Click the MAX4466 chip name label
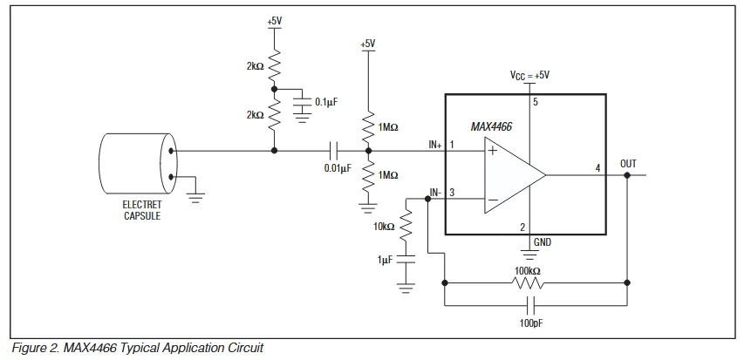491,126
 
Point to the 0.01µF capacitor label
337,167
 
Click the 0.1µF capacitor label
325,102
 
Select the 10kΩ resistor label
384,226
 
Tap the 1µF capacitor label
385,259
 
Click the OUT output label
628,163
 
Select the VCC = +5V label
529,76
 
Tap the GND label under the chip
543,241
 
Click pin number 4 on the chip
597,167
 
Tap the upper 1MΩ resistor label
388,127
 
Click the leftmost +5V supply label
275,19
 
